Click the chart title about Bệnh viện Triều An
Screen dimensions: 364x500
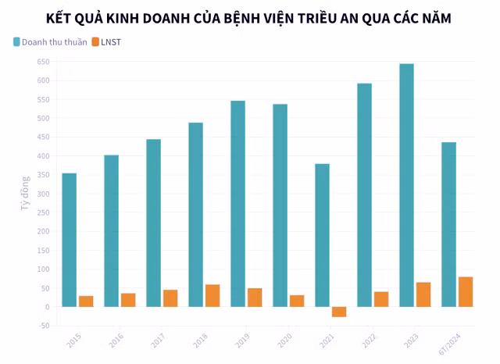coord(248,16)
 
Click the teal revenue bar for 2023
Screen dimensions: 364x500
coord(406,185)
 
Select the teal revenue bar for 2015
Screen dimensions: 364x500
coord(69,240)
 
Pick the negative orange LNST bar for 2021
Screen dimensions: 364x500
coord(339,312)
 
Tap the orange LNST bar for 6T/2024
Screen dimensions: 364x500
coord(466,291)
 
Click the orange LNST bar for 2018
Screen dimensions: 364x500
coord(212,295)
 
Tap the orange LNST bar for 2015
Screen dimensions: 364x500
coord(86,301)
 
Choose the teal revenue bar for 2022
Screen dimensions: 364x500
coord(364,195)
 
